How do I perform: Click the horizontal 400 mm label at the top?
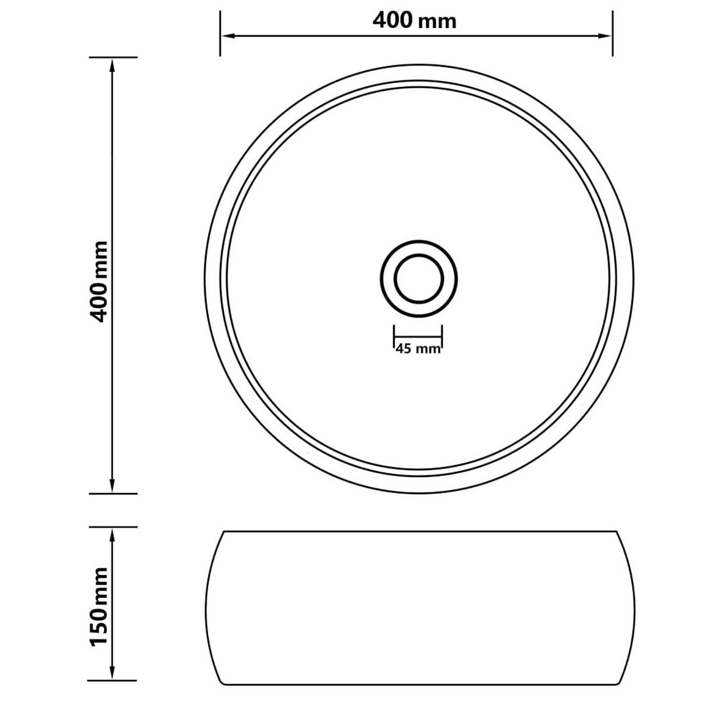point(414,20)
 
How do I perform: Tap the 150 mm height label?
point(100,607)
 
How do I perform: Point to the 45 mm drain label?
point(418,349)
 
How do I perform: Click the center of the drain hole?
point(418,278)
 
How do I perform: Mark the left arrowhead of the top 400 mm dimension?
point(225,36)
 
